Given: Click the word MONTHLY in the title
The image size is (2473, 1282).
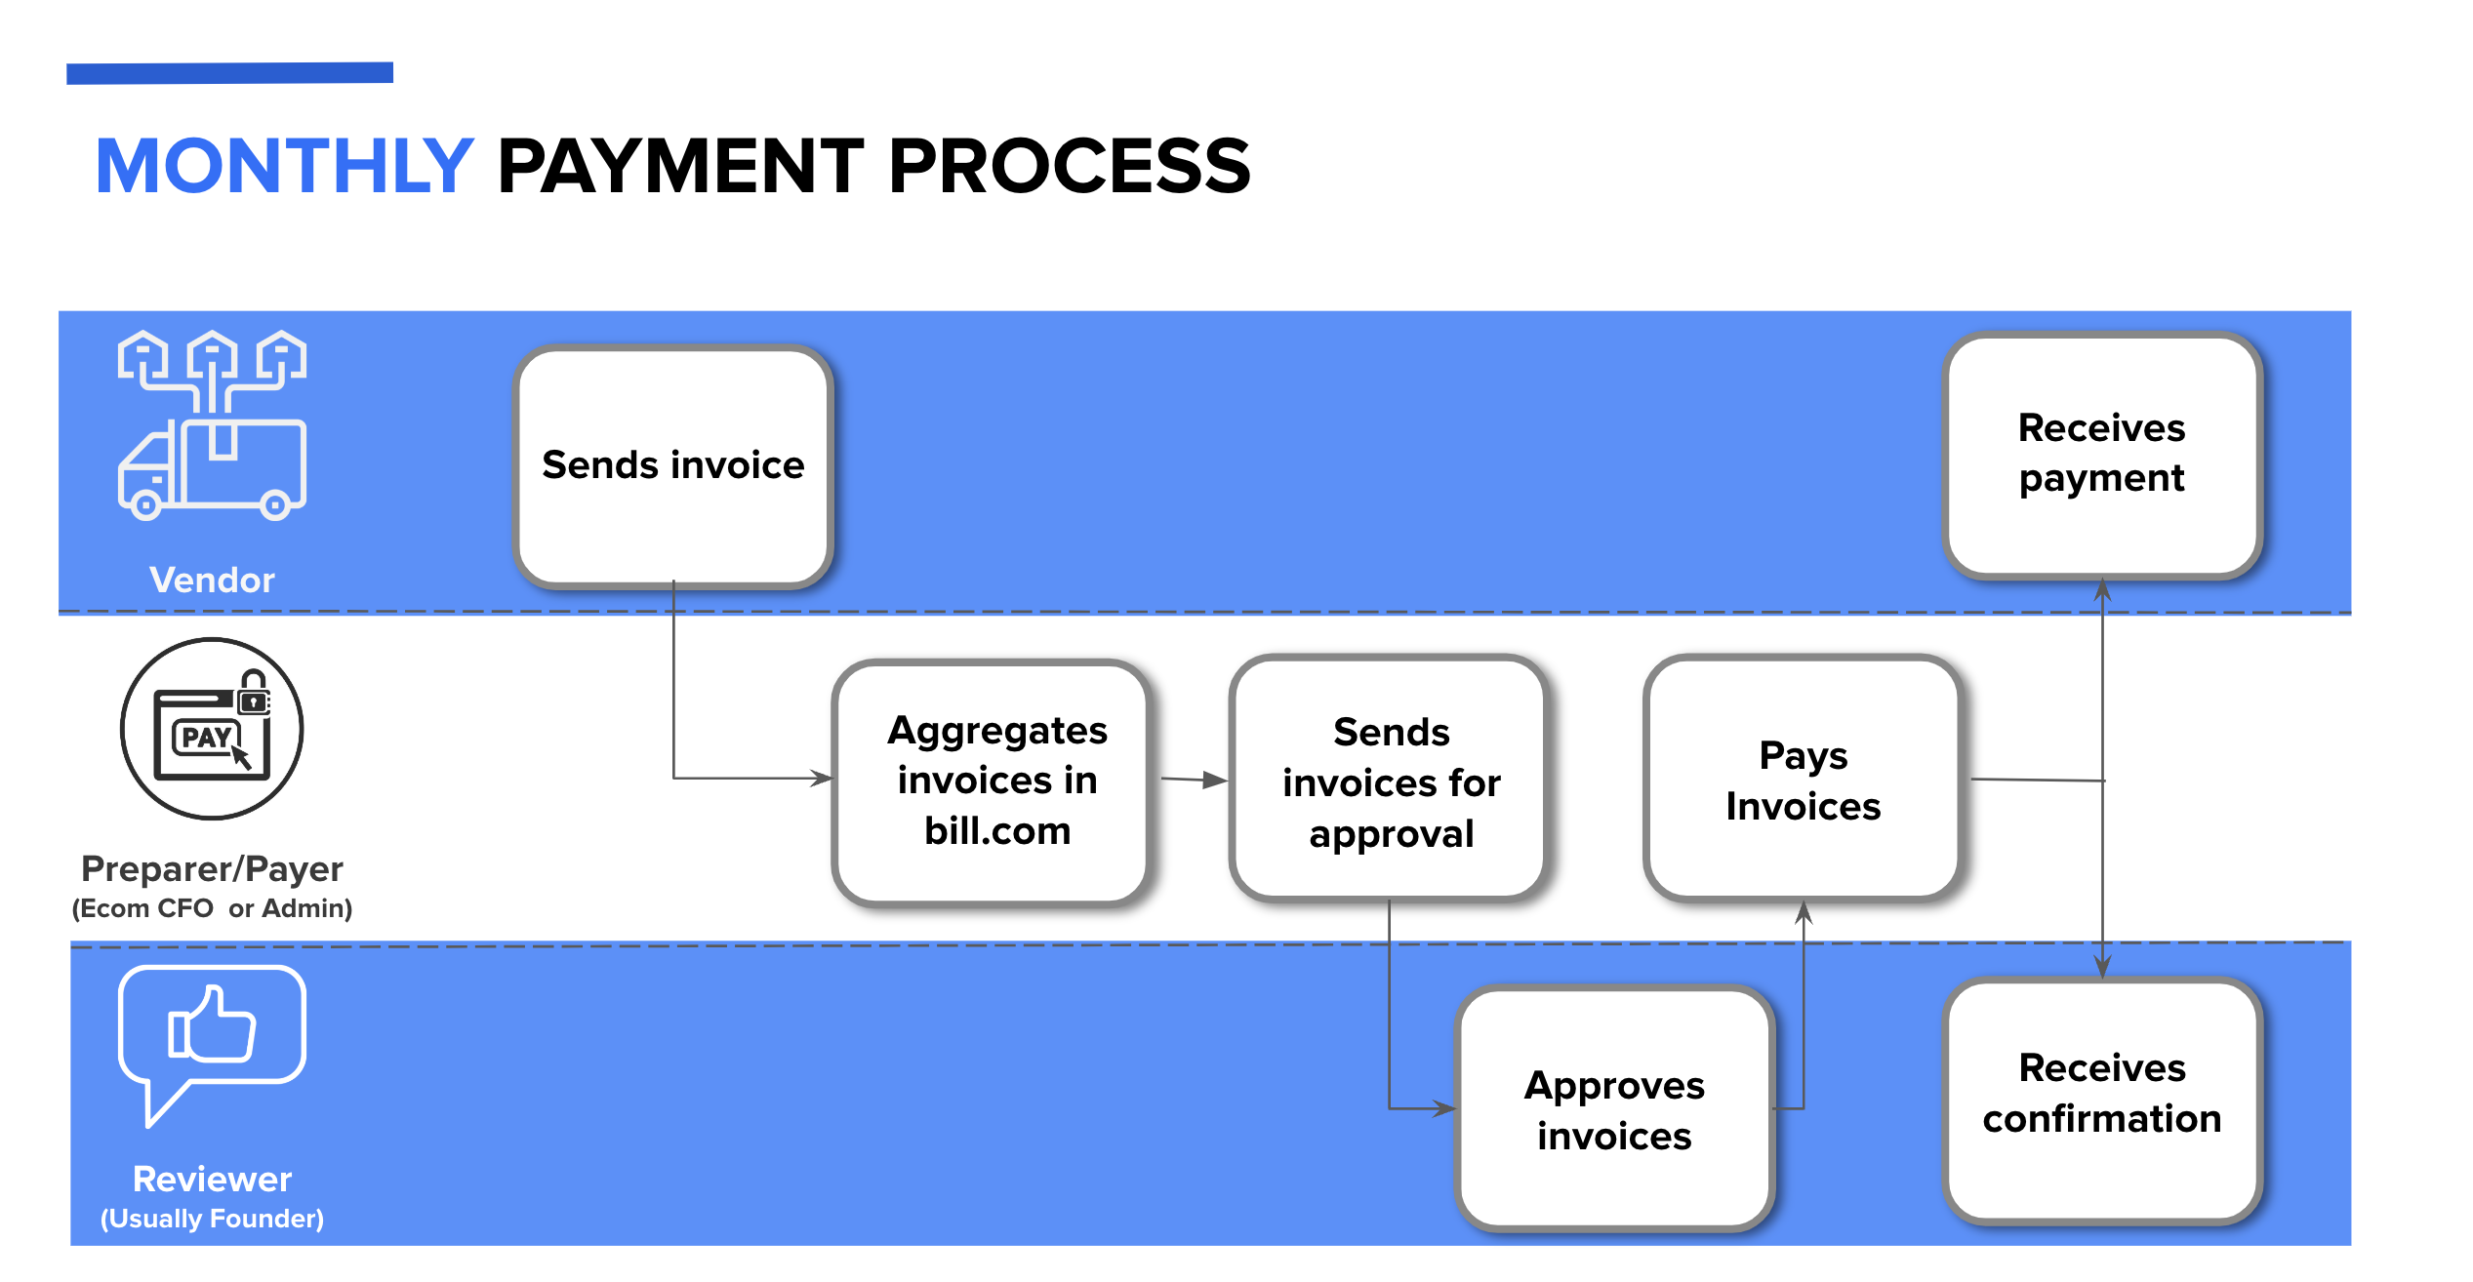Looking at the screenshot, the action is pos(284,166).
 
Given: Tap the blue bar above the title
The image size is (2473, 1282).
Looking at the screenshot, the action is pos(229,73).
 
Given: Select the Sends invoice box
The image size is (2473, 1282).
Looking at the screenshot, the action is pos(673,466).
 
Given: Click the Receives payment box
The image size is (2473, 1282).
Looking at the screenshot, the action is pos(2102,455).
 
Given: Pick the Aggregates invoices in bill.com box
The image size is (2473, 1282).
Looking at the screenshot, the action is pos(993,781).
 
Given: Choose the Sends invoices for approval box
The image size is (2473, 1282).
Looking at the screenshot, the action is pos(1390,778).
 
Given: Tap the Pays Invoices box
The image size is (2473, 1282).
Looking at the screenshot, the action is pos(1803,778).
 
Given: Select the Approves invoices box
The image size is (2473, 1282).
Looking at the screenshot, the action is pos(1614,1107).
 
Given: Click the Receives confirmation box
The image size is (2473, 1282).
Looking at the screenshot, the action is pos(2102,1100).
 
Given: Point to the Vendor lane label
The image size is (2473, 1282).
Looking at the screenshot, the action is pos(212,581).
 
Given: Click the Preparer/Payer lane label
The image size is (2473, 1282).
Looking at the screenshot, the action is pos(212,868).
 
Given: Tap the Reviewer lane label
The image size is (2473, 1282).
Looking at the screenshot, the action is pos(212,1179).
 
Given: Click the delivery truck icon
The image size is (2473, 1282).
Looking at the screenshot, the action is pos(212,425).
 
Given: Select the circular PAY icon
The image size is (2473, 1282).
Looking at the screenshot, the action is pos(212,729).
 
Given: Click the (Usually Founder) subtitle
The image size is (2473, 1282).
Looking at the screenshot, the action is pos(212,1219).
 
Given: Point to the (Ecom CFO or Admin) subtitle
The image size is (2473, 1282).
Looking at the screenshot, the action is pos(212,908).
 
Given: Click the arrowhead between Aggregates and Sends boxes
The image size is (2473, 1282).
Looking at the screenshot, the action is pos(1215,780).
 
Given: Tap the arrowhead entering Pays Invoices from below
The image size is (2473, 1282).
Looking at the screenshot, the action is pos(1804,911).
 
